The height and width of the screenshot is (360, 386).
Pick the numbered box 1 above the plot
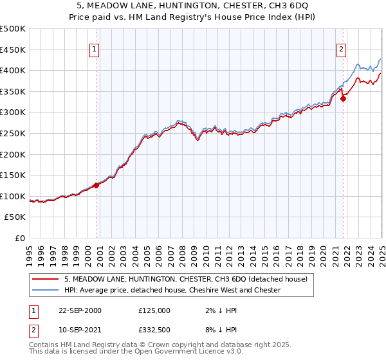point(95,49)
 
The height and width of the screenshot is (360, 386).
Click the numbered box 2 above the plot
point(341,49)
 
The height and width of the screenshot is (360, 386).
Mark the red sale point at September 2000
point(96,185)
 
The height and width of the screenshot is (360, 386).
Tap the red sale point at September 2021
point(343,98)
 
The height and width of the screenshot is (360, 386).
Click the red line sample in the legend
point(45,279)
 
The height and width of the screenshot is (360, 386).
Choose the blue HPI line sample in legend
point(45,290)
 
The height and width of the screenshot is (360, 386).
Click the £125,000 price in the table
point(154,310)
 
